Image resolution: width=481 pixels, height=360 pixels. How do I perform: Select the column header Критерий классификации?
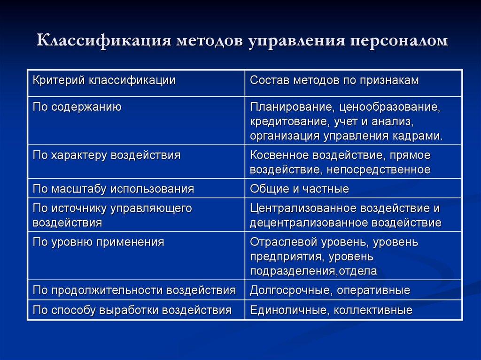click(104, 80)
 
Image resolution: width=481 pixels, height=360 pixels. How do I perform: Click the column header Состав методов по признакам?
click(334, 80)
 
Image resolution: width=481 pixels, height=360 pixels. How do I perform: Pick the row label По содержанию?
click(77, 107)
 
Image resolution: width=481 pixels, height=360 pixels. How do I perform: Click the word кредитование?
click(288, 122)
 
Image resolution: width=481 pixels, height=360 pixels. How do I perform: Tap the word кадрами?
click(419, 136)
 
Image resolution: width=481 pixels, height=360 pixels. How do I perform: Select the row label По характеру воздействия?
click(107, 155)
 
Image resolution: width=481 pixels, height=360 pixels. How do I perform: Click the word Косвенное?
click(281, 155)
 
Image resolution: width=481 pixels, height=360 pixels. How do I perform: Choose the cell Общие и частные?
click(299, 189)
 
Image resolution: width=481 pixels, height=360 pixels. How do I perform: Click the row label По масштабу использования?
click(113, 189)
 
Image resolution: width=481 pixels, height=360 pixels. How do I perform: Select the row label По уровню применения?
click(98, 242)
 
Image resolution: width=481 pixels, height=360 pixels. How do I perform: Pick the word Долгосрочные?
click(291, 291)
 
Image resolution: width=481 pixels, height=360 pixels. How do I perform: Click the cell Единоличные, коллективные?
click(331, 310)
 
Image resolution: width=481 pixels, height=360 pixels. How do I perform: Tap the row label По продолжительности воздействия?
click(134, 291)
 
